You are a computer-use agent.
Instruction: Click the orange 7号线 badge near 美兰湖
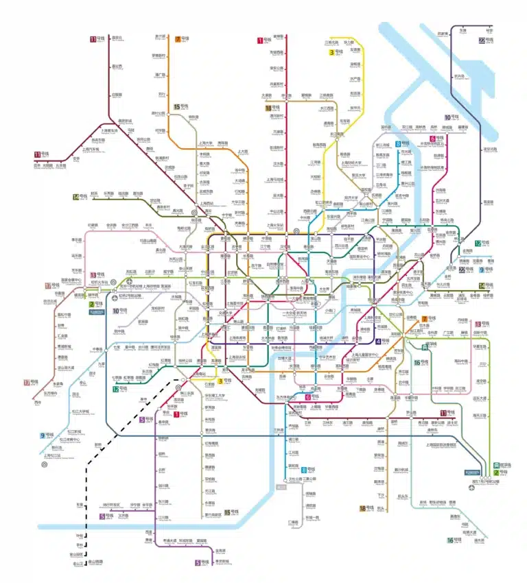[x=182, y=39]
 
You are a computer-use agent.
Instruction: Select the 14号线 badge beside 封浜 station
[x=81, y=198]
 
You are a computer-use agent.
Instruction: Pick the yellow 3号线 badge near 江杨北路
[x=335, y=52]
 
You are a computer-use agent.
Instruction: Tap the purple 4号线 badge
[x=382, y=341]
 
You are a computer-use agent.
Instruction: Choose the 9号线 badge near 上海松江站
[x=46, y=435]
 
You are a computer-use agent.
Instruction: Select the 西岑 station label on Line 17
[x=29, y=402]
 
